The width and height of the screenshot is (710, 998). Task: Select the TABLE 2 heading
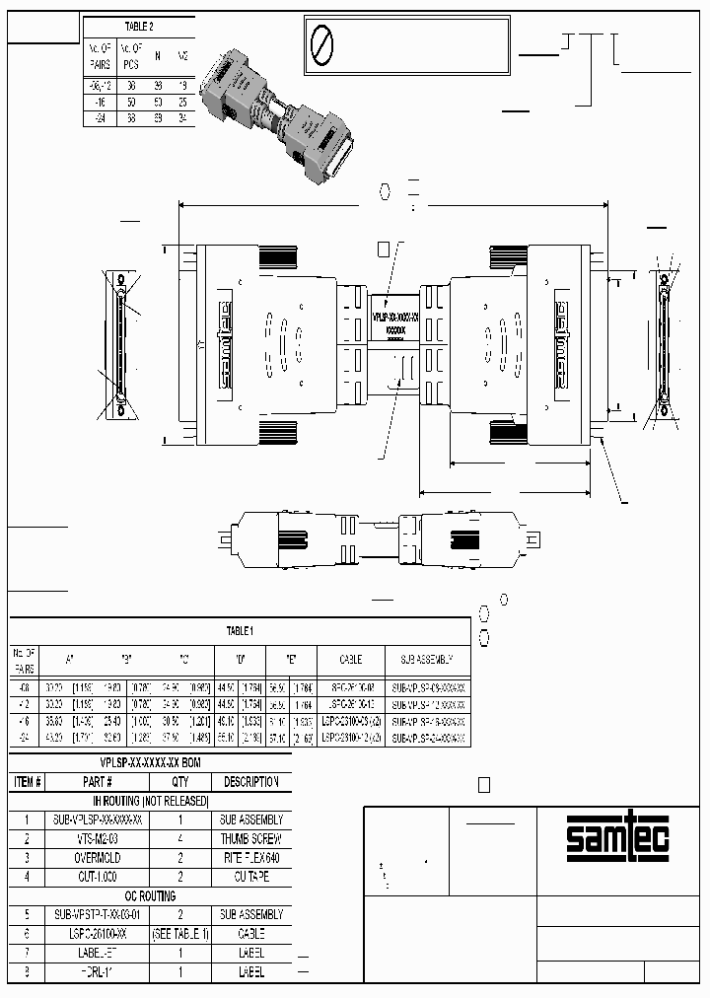coord(138,27)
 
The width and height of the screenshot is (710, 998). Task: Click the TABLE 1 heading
coord(240,630)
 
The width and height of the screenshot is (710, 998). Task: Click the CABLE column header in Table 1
coord(350,659)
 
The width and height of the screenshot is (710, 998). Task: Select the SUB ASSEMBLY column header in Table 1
coord(426,659)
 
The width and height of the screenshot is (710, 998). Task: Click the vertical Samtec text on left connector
coord(224,338)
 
